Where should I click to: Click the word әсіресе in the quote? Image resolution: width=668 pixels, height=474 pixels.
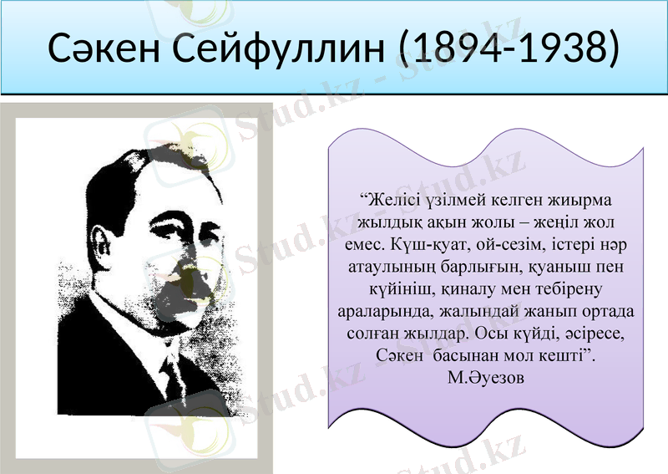[594, 333]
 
